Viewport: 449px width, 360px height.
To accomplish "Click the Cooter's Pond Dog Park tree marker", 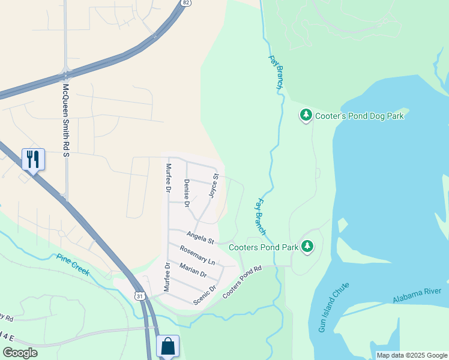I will pyautogui.click(x=306, y=115).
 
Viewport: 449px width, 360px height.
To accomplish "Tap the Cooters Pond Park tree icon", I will pyautogui.click(x=307, y=246).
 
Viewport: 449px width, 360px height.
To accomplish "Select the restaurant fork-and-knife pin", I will pyautogui.click(x=32, y=160).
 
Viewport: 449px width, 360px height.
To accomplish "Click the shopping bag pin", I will pyautogui.click(x=167, y=346).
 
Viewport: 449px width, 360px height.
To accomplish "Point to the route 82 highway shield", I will pyautogui.click(x=186, y=3).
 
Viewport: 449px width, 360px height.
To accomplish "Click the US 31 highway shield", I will pyautogui.click(x=140, y=296).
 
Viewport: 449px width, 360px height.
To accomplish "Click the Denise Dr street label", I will pyautogui.click(x=187, y=193).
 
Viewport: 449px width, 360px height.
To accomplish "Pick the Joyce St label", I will pyautogui.click(x=213, y=186).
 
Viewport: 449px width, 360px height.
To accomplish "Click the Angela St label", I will pyautogui.click(x=200, y=238).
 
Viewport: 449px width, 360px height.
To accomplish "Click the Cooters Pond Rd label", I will pyautogui.click(x=243, y=282).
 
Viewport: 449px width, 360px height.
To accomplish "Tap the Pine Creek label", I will pyautogui.click(x=73, y=265).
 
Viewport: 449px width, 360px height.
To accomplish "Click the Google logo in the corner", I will pyautogui.click(x=20, y=353).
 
